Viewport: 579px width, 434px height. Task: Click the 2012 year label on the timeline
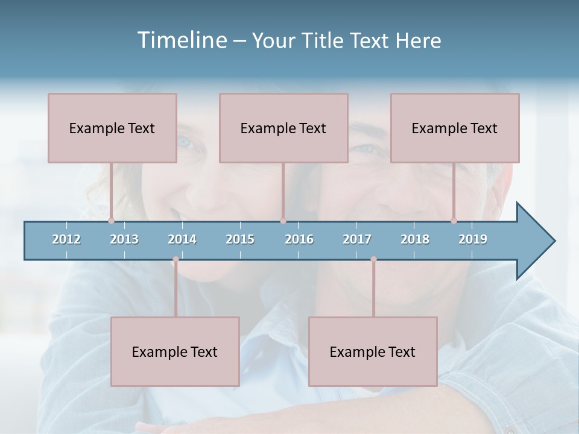click(x=66, y=239)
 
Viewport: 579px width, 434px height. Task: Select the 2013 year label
click(x=124, y=239)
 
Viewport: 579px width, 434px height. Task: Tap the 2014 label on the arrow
click(x=182, y=239)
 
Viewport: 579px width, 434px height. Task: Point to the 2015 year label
click(x=240, y=239)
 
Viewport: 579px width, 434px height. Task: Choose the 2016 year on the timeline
click(x=299, y=239)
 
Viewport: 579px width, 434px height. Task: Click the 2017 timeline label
click(x=357, y=239)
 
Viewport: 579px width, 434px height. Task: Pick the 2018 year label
click(x=415, y=239)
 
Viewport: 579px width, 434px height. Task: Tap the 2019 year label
click(x=473, y=239)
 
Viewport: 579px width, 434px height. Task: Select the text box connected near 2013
click(x=112, y=128)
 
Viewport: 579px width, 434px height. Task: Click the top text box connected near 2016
click(x=283, y=128)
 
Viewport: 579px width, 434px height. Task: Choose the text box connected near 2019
click(x=455, y=128)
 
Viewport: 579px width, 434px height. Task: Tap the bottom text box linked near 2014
click(x=175, y=351)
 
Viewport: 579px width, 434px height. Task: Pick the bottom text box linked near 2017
click(x=373, y=351)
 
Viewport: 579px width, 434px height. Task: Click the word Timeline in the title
click(x=182, y=40)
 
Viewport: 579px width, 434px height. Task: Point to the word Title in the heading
click(x=326, y=40)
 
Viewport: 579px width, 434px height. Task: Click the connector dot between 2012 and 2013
click(x=111, y=221)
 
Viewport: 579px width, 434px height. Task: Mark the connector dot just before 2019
click(x=454, y=221)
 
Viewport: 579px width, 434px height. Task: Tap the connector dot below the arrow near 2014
click(x=176, y=259)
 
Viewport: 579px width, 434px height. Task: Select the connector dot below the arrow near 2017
click(x=373, y=259)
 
